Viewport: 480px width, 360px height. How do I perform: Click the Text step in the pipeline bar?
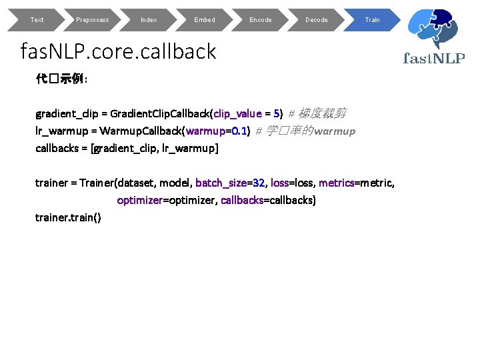pos(37,20)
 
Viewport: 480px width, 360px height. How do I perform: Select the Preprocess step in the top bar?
pos(93,20)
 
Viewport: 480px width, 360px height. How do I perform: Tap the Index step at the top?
pos(149,20)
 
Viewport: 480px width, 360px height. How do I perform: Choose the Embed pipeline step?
pos(205,20)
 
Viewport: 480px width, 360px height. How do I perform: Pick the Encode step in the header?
pos(261,20)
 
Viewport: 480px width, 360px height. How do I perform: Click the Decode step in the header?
pos(317,20)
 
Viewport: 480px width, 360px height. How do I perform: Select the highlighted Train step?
pos(372,20)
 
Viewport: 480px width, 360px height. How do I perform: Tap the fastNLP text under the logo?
pos(434,58)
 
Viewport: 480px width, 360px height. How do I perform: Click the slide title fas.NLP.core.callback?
pos(119,51)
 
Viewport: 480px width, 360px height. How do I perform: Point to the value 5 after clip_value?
pos(277,113)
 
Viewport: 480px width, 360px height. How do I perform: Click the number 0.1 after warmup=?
pos(240,131)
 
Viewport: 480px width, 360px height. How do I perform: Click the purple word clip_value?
pos(238,113)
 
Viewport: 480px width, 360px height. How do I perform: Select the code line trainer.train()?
pos(68,217)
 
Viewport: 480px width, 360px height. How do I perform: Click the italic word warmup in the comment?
pos(335,131)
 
